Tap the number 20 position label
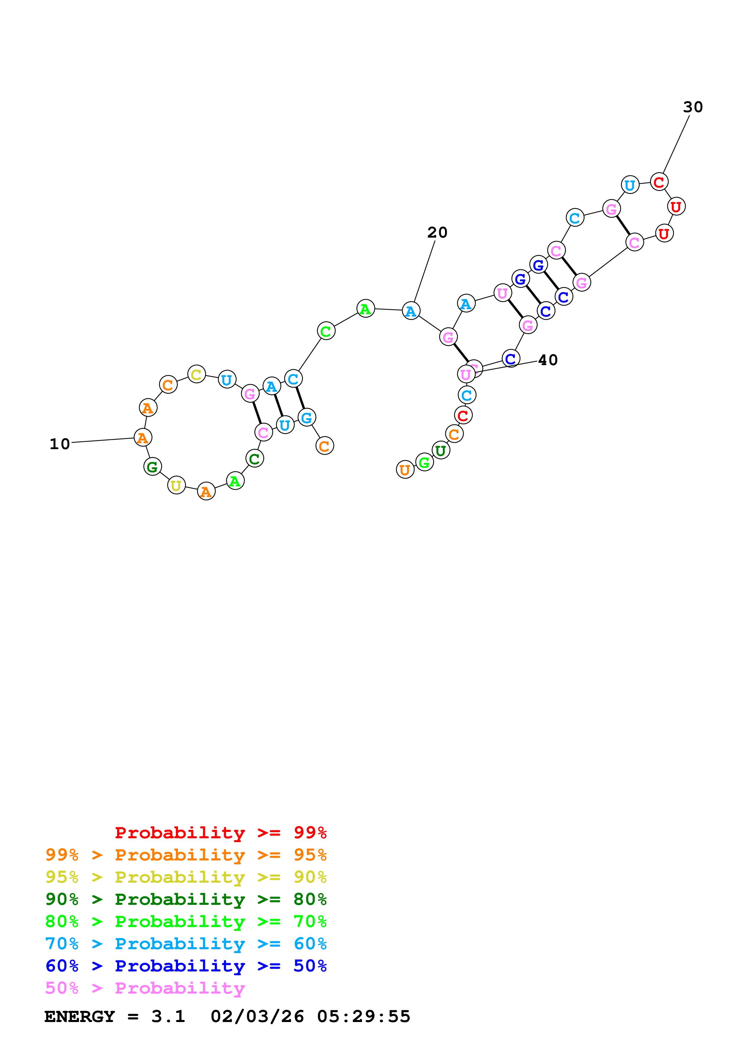coord(437,232)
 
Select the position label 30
coord(693,107)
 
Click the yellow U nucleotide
coord(176,486)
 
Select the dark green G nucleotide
coord(153,467)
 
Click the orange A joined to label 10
coord(143,438)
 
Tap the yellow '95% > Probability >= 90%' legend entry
coord(186,877)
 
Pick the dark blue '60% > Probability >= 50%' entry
coord(186,966)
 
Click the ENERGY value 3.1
coord(168,1016)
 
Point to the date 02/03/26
coord(257,1016)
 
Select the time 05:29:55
coord(364,1016)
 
